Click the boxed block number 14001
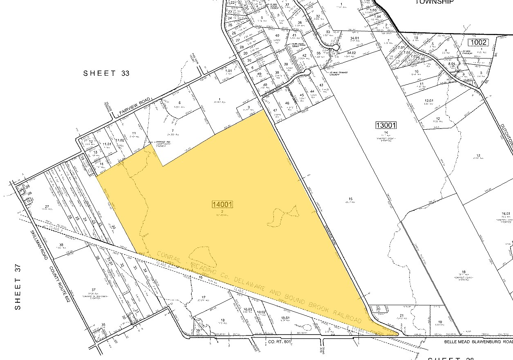(222, 204)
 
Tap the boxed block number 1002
(479, 42)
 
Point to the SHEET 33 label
(106, 73)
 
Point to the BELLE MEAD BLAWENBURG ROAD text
(478, 340)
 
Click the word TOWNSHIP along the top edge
(435, 2)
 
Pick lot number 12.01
(429, 100)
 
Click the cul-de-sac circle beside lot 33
(336, 47)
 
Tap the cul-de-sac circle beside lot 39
(307, 72)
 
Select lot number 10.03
(247, 310)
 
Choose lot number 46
(287, 103)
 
